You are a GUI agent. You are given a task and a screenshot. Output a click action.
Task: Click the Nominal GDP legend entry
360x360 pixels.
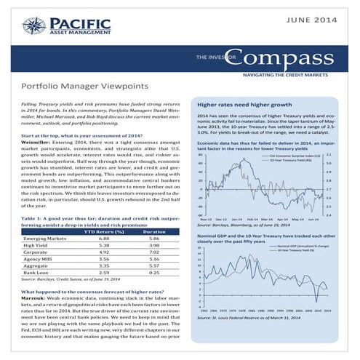(296, 247)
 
